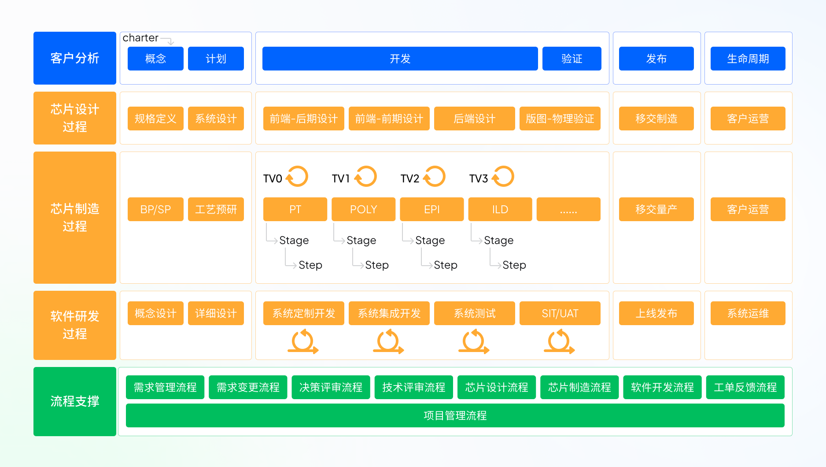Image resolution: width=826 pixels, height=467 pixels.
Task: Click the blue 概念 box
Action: coord(155,59)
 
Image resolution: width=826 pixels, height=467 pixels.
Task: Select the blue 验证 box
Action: coord(572,59)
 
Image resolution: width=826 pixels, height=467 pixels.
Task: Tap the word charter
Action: coord(140,38)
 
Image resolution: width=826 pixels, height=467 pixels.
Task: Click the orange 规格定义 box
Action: coord(155,119)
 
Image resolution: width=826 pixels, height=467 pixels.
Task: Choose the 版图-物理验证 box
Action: coord(560,119)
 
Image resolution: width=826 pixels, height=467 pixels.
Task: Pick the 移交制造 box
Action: coord(656,119)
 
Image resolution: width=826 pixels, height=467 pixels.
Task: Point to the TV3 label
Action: coord(479,178)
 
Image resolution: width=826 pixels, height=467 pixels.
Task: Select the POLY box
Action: coord(363,209)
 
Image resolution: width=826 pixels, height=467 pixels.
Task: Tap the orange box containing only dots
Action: coord(568,209)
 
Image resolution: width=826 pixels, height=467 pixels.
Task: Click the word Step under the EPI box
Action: coord(446,265)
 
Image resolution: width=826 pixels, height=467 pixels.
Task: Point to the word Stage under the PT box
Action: coord(294,241)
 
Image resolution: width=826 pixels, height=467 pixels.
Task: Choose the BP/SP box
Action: coord(155,209)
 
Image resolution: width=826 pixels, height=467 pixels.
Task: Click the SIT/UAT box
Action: coord(560,313)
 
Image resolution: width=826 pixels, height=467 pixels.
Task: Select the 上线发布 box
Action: coord(656,313)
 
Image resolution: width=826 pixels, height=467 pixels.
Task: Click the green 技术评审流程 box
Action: coord(413,387)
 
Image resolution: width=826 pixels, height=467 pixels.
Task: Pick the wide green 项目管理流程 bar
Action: coord(455,415)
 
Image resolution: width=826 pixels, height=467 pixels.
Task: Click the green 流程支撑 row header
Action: coord(75,401)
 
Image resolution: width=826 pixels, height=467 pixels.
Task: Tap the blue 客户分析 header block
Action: coord(75,58)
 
